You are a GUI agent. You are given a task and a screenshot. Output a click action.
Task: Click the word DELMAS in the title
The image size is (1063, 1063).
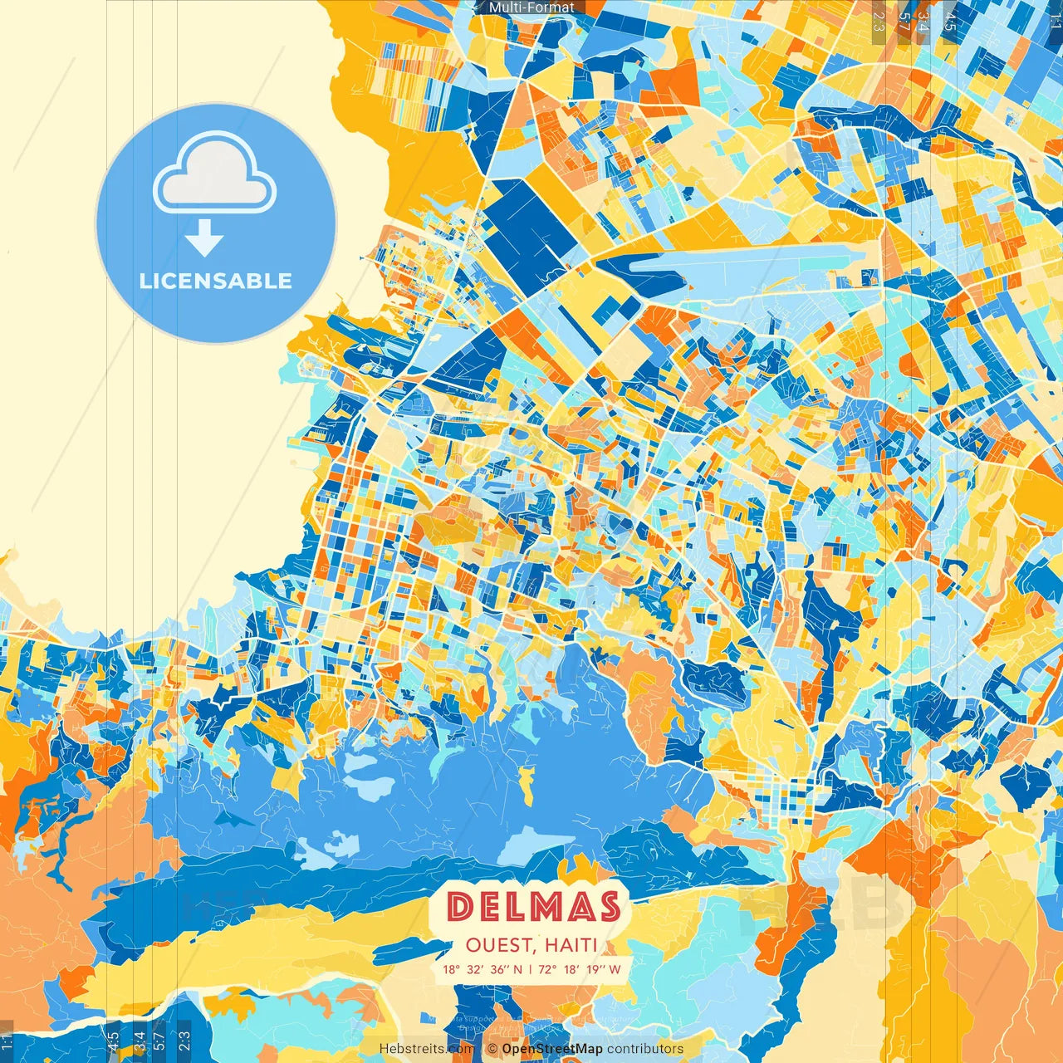coord(533,907)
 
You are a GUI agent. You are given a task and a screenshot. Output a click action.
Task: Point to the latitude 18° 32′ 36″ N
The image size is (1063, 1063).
coord(483,969)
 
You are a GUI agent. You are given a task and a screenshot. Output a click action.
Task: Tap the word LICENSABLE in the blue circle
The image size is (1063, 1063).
coord(216,281)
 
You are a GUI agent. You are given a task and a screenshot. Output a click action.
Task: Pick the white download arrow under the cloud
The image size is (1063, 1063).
coord(204,238)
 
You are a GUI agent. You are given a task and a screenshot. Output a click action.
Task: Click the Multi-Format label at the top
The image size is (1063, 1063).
coord(531,7)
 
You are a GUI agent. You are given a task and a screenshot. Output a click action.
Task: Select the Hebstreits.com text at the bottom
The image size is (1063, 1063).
coord(427,1049)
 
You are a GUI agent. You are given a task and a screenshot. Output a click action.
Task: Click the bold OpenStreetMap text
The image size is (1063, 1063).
coord(552,1049)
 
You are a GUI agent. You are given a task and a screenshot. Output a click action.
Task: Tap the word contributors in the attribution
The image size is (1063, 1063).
coord(645,1049)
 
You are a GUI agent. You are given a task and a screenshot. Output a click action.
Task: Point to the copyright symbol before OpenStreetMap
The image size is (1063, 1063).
coord(492,1049)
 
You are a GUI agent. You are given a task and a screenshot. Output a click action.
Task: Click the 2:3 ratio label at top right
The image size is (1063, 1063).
coord(879,21)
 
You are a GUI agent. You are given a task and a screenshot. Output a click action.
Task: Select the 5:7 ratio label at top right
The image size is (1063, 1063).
coord(904,21)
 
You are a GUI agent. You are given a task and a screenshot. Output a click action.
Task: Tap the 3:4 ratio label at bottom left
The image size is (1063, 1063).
coord(140,1041)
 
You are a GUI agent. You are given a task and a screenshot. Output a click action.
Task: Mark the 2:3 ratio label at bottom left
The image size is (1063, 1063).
coord(184,1041)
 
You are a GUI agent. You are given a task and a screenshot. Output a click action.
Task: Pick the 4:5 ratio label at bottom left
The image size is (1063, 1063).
coord(113,1041)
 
